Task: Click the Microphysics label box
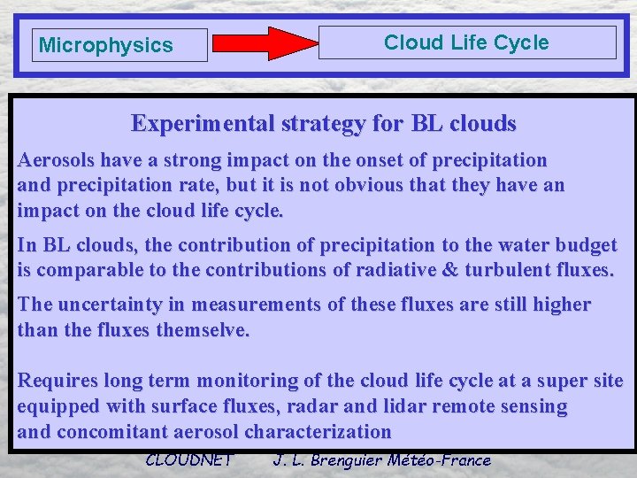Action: (119, 45)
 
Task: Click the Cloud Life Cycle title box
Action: (466, 42)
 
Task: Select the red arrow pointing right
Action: (265, 43)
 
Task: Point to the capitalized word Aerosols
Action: (53, 161)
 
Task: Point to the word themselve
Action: (206, 330)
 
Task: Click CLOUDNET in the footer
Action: (188, 459)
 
